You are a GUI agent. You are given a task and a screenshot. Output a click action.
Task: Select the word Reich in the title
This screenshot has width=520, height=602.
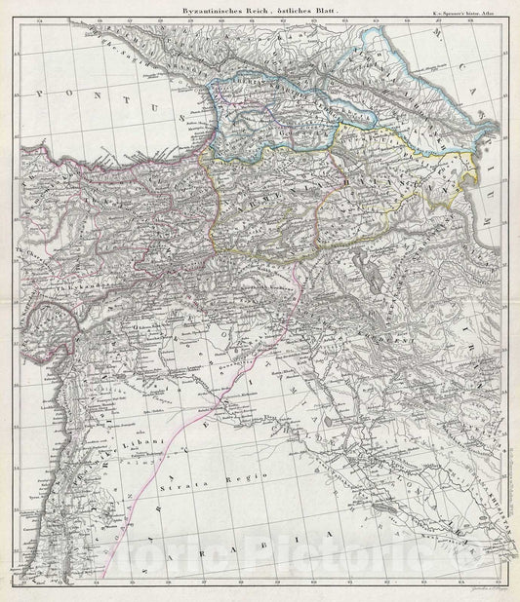click(x=257, y=9)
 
